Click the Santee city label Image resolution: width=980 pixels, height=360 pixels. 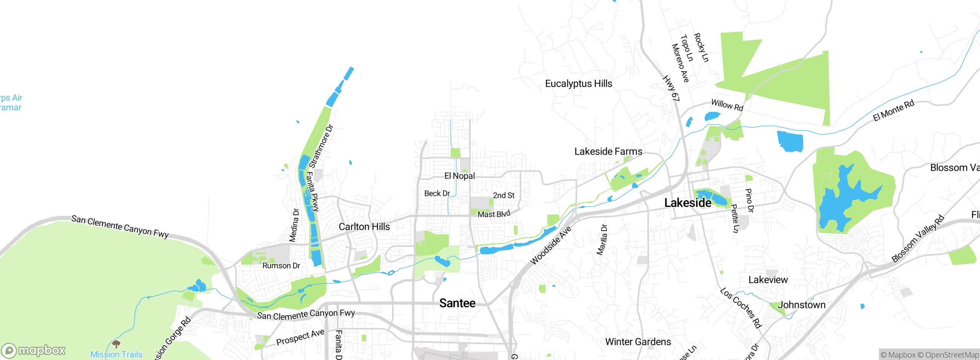pyautogui.click(x=457, y=303)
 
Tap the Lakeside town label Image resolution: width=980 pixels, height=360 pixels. pyautogui.click(x=688, y=203)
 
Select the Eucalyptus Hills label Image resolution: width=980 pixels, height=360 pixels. pyautogui.click(x=578, y=84)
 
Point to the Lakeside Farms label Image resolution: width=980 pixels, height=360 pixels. pyautogui.click(x=608, y=152)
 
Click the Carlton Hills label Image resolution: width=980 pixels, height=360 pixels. pyautogui.click(x=364, y=227)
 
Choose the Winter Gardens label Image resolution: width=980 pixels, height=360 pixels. pyautogui.click(x=638, y=342)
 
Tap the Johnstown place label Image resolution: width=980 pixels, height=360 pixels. pyautogui.click(x=801, y=305)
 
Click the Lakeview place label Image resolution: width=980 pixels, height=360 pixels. pyautogui.click(x=768, y=280)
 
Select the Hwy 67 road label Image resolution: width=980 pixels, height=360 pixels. pyautogui.click(x=671, y=88)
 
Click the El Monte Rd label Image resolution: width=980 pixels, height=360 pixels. pyautogui.click(x=893, y=111)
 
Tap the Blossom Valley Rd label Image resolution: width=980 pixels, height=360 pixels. pyautogui.click(x=918, y=239)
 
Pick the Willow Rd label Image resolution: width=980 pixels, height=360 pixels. pyautogui.click(x=727, y=105)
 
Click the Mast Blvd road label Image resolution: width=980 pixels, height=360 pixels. pyautogui.click(x=494, y=214)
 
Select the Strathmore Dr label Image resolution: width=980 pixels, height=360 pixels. pyautogui.click(x=321, y=147)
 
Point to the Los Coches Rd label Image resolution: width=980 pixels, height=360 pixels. pyautogui.click(x=740, y=308)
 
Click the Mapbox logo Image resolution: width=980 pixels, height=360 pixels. pyautogui.click(x=34, y=350)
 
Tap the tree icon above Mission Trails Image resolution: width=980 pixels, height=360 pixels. pyautogui.click(x=116, y=344)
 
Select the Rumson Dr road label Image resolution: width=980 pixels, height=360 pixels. pyautogui.click(x=281, y=266)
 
